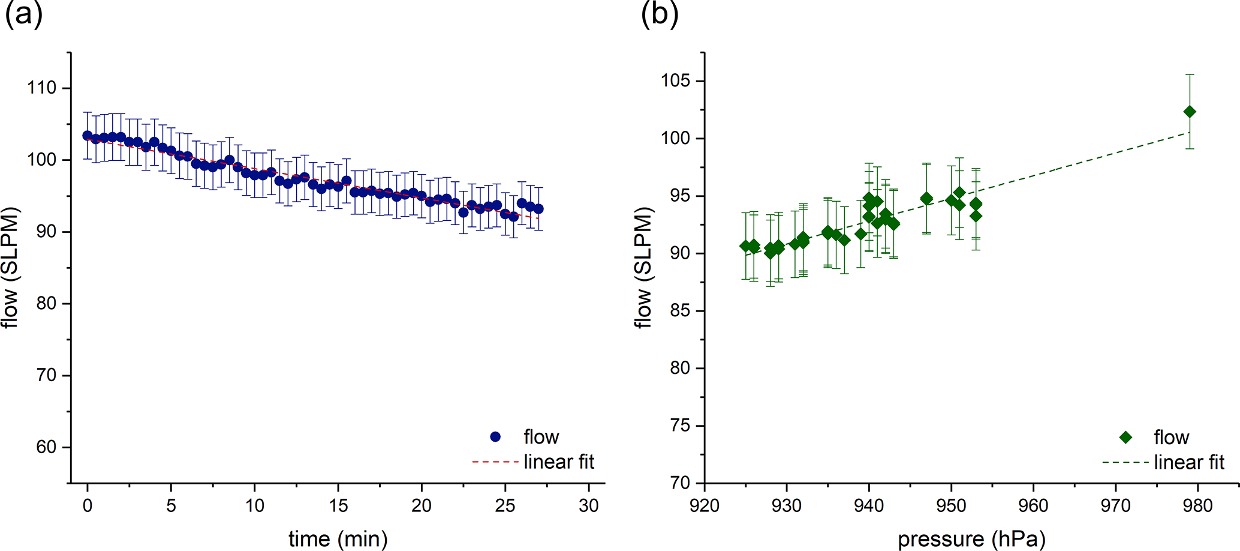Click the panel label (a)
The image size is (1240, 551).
tap(23, 14)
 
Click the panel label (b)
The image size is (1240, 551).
tap(659, 14)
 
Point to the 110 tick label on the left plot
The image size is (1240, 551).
tap(41, 88)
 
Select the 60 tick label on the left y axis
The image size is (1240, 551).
tap(46, 447)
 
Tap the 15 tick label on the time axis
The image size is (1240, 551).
tap(338, 506)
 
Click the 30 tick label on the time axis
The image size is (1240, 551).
tap(589, 506)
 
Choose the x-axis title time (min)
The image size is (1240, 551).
tap(338, 538)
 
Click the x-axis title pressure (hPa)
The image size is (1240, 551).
tap(971, 539)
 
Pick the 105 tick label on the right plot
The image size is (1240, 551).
tap(676, 81)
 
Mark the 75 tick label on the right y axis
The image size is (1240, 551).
tap(679, 426)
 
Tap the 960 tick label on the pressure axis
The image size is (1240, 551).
tap(1033, 506)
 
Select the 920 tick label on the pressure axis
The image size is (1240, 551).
tap(705, 506)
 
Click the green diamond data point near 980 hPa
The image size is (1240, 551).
tap(1190, 112)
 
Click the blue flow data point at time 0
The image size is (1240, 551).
tap(88, 136)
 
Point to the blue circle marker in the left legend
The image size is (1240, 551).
tap(495, 437)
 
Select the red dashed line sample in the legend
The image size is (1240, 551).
tap(495, 462)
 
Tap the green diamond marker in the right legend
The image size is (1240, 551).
tap(1125, 438)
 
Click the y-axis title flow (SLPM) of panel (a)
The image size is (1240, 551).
tap(11, 268)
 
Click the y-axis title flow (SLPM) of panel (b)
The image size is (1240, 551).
tap(643, 268)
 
